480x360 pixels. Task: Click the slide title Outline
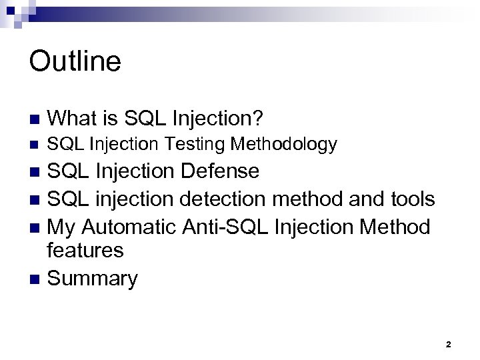pos(75,61)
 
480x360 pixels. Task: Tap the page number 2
pos(448,345)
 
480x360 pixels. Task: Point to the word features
pos(86,251)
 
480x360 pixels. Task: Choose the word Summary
pos(93,278)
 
